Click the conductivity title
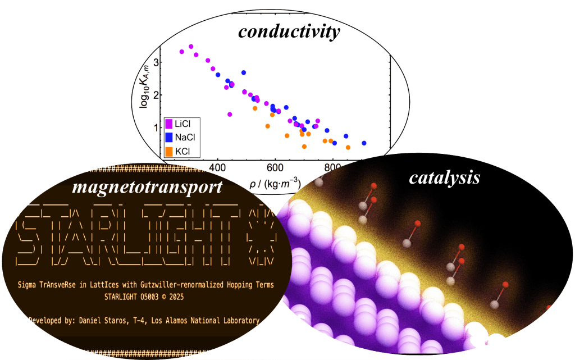pos(289,31)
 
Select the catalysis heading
pos(444,177)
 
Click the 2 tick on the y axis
pos(157,94)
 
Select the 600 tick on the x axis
pos(275,168)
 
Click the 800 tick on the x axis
pos(332,168)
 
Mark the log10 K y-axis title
pos(145,94)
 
